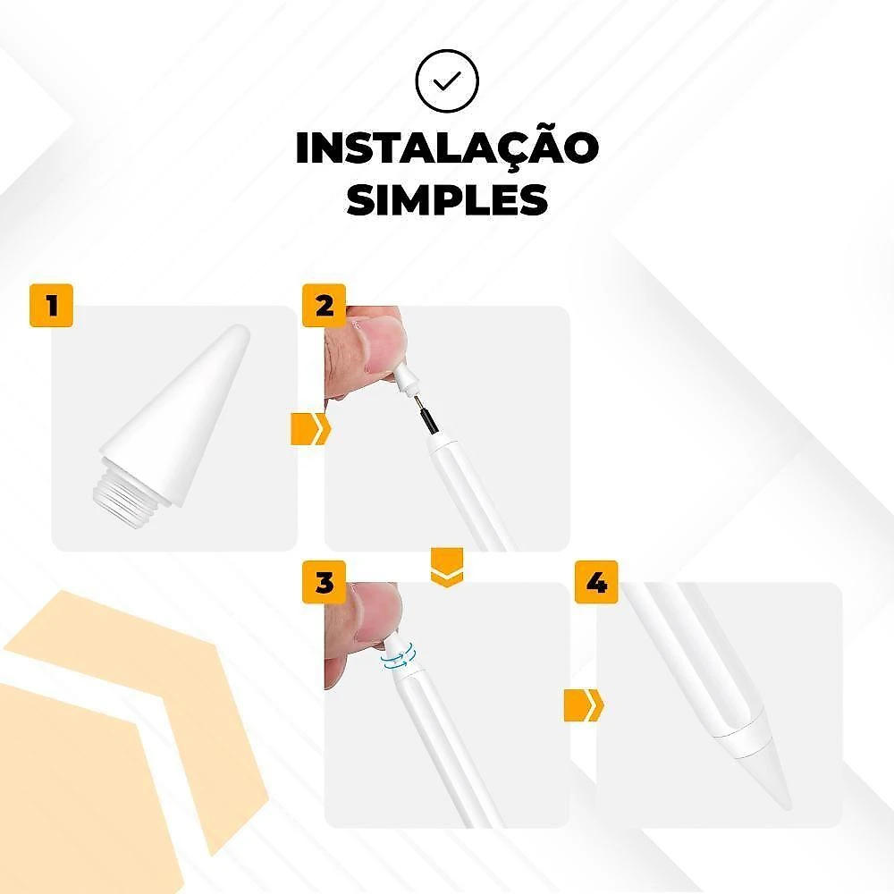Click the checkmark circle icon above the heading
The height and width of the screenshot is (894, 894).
447,81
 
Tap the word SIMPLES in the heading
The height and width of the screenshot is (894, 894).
447,199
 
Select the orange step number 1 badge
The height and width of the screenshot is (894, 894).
51,305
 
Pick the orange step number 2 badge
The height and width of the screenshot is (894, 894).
324,305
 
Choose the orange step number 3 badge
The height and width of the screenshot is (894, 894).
324,582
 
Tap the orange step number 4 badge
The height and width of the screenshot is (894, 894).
596,582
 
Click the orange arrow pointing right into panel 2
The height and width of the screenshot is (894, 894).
311,429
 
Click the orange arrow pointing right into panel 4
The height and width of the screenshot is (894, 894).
584,705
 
